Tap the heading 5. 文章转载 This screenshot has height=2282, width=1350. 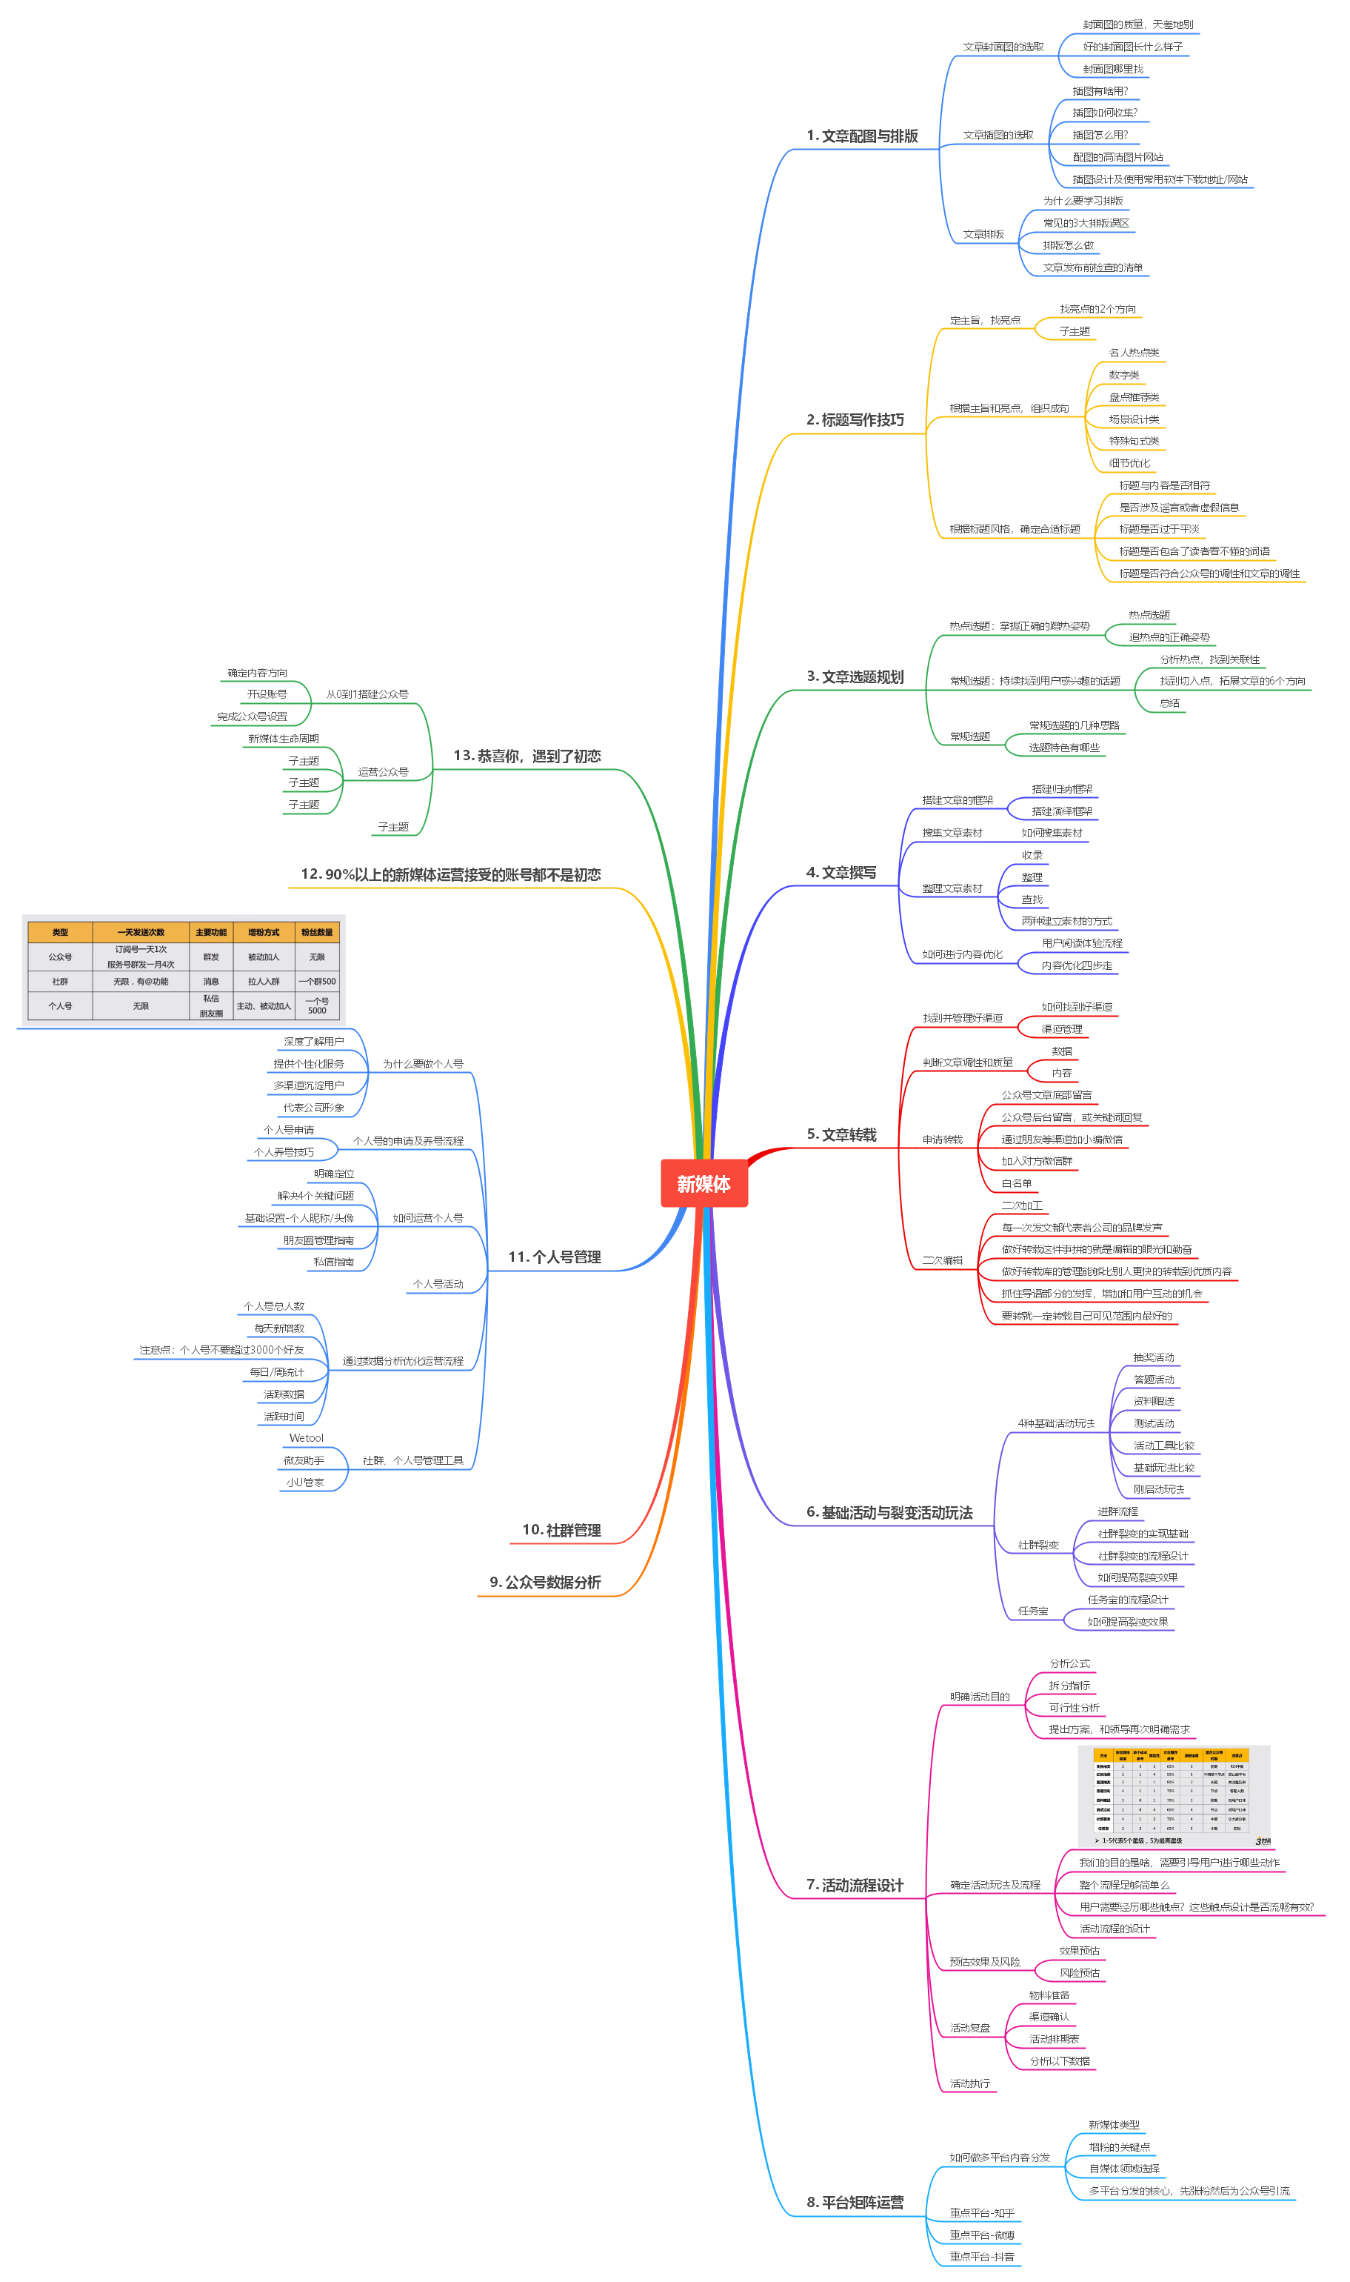(841, 1134)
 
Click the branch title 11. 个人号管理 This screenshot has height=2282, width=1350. (554, 1257)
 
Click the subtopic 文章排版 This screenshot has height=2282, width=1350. (983, 235)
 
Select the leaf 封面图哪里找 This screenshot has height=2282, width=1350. (1112, 69)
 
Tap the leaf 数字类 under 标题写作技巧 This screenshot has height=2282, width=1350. (1123, 375)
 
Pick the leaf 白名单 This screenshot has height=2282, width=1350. (1016, 1184)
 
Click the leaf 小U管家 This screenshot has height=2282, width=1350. (305, 1483)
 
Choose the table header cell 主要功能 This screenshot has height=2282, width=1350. (211, 932)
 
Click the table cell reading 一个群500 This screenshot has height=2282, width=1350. (316, 981)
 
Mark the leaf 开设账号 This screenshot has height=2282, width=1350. (267, 694)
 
